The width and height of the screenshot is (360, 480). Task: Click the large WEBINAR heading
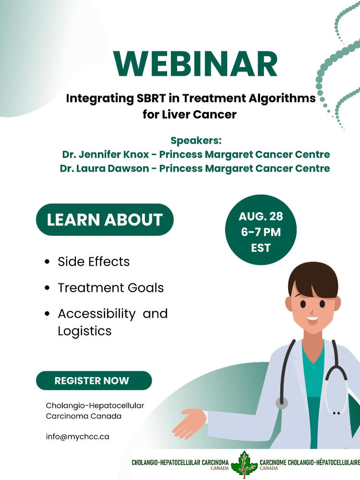(x=196, y=64)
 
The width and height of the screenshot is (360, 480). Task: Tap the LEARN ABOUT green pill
(x=105, y=220)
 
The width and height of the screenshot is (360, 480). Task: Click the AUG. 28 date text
(x=261, y=216)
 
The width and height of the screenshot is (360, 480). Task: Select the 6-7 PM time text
(x=261, y=233)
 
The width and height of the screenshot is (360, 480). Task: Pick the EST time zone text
(x=261, y=248)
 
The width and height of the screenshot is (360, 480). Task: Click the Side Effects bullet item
(x=94, y=262)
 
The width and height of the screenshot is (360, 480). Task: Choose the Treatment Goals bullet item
(x=110, y=288)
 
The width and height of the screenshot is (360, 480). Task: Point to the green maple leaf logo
(x=244, y=464)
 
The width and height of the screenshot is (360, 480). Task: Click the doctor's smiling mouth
(x=312, y=318)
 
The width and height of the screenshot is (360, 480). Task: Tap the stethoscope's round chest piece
(x=282, y=403)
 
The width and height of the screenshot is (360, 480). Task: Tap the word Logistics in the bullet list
(x=84, y=331)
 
